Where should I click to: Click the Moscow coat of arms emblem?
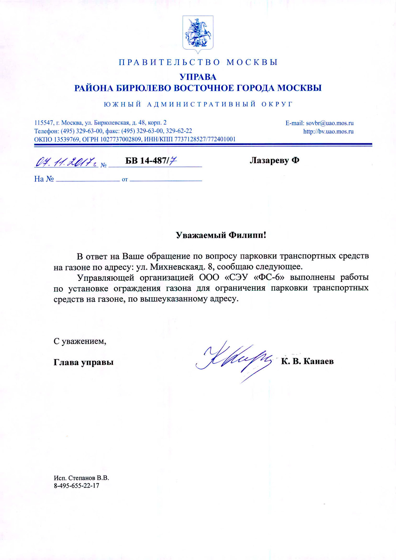(x=198, y=34)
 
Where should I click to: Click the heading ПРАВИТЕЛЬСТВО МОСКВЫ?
(x=198, y=62)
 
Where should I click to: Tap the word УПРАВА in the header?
(x=198, y=77)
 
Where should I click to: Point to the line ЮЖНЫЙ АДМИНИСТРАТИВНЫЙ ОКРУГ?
(x=198, y=104)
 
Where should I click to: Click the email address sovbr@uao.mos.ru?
(x=330, y=123)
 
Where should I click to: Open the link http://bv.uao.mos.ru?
(x=328, y=131)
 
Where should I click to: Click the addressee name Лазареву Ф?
(x=274, y=161)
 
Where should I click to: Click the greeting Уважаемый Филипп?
(x=221, y=235)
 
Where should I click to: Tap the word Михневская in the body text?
(x=175, y=267)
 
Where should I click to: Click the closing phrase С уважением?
(x=80, y=341)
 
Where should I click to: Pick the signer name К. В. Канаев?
(x=307, y=361)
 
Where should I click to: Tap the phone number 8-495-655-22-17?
(x=77, y=486)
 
